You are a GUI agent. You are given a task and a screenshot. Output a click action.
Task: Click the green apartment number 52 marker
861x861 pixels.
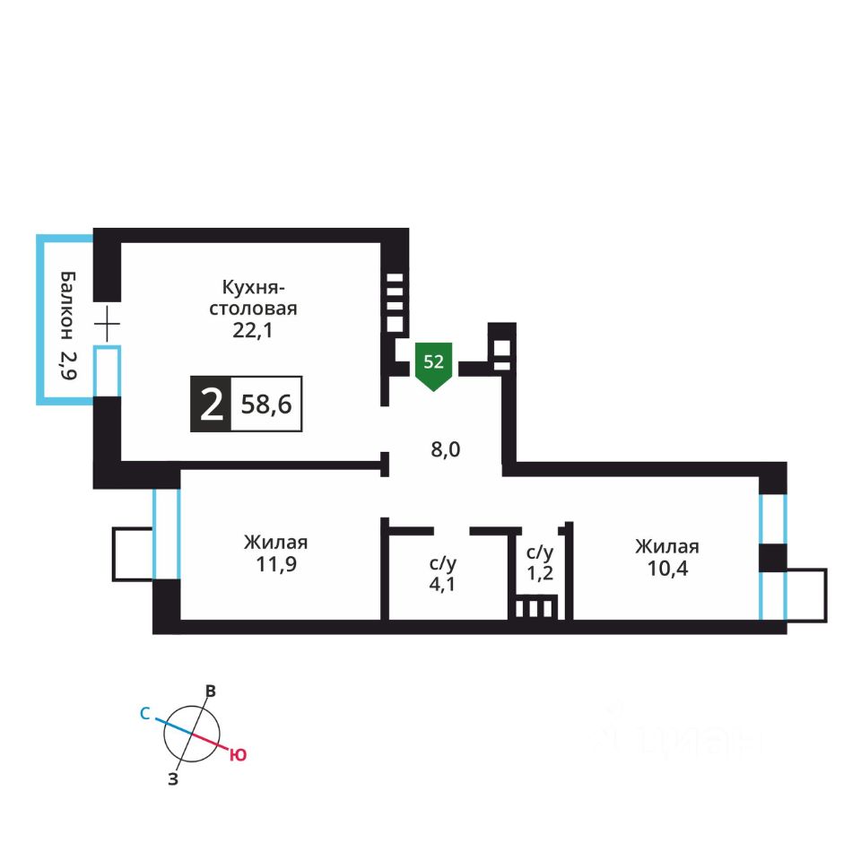tap(433, 364)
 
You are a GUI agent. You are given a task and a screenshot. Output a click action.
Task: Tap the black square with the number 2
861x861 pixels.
tap(211, 405)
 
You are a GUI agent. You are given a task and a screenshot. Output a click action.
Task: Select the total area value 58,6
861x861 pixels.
tap(265, 405)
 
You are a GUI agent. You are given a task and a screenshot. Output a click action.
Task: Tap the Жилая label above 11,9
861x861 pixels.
tap(275, 544)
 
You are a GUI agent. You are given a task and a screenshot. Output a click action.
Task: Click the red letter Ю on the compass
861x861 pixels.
tap(238, 755)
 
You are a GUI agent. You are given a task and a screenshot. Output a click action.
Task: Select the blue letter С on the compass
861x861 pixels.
tap(144, 715)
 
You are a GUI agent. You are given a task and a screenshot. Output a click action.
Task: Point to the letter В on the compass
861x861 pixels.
tap(211, 691)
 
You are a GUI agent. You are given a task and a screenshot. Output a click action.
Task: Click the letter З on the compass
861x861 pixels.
tap(173, 779)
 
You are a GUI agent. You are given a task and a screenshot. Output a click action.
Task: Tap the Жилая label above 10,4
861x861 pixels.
tap(667, 547)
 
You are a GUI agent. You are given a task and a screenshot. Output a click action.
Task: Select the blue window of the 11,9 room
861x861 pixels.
tap(166, 534)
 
